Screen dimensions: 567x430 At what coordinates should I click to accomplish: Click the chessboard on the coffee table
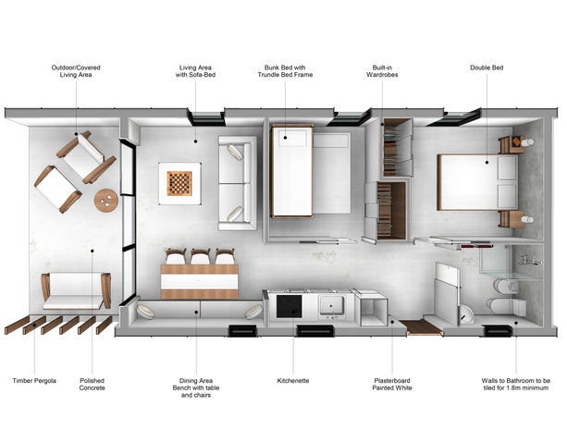click(x=179, y=183)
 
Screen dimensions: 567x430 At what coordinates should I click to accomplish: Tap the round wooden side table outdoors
click(x=106, y=201)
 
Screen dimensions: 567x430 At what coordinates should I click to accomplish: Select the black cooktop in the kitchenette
click(x=289, y=306)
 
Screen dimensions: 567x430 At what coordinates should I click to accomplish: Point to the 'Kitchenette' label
click(x=293, y=380)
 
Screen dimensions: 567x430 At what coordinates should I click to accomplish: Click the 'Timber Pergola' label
click(x=34, y=380)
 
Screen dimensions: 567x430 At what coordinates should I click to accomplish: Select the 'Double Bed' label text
click(x=487, y=68)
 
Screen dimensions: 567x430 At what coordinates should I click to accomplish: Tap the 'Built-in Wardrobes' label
click(x=382, y=71)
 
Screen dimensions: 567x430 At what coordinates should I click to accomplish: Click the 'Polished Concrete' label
click(x=92, y=384)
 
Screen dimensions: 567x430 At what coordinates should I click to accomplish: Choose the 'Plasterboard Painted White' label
click(x=392, y=384)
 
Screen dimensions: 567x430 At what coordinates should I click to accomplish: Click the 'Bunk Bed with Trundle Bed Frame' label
click(x=285, y=71)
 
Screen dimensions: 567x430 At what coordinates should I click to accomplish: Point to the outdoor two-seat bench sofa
click(x=76, y=291)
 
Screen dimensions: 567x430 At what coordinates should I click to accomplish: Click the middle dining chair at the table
click(x=201, y=256)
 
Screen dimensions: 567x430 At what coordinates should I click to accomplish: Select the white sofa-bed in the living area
click(x=237, y=183)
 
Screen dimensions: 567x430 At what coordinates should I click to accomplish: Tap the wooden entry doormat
click(x=420, y=327)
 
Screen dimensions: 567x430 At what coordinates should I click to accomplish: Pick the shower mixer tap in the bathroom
click(x=529, y=261)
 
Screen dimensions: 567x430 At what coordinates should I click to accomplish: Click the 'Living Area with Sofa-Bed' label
click(x=196, y=71)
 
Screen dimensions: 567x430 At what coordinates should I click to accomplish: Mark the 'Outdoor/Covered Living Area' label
click(x=76, y=71)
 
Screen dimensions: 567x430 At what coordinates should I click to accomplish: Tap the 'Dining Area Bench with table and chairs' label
click(x=196, y=387)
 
